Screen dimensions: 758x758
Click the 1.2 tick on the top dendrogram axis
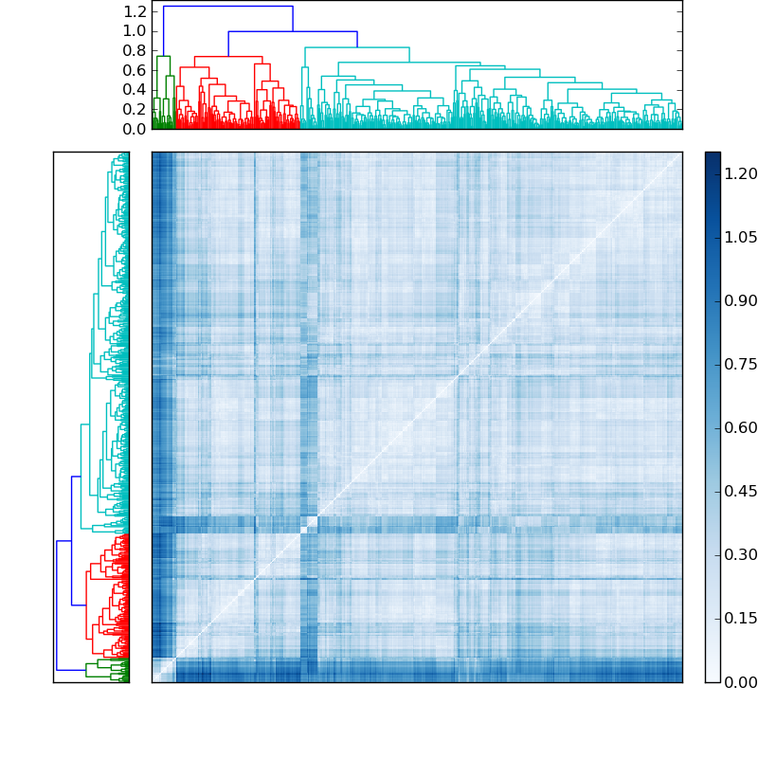[135, 11]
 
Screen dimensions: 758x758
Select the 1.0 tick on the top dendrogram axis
[135, 31]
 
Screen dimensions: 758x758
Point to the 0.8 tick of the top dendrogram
[135, 50]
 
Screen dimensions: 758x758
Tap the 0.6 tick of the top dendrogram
[135, 70]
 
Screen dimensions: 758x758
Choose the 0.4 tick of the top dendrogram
[135, 90]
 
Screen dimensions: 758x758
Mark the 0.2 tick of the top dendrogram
[135, 109]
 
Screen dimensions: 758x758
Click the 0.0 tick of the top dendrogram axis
[135, 129]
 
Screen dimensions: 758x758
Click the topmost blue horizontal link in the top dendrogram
[227, 7]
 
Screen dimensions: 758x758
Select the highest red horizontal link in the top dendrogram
[228, 57]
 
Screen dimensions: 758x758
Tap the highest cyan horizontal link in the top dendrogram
[356, 47]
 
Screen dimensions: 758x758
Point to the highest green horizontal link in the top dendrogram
[163, 57]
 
